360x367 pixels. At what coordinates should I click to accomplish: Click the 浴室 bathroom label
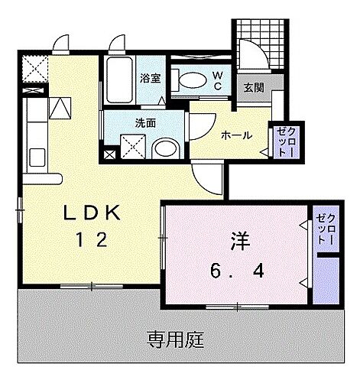click(149, 76)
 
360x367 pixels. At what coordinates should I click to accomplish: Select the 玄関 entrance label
click(253, 88)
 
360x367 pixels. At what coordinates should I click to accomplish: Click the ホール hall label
click(236, 135)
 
